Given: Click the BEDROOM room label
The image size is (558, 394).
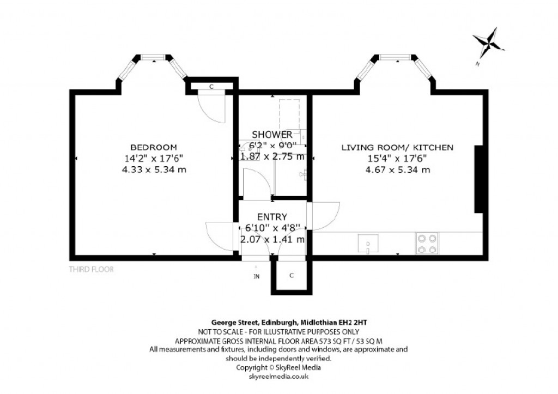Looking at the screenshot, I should coord(153,147).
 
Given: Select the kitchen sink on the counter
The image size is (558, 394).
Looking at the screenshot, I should coord(368,243).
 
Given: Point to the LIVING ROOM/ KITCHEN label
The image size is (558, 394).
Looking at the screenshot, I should coord(397,147).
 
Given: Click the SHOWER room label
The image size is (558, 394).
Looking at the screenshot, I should coord(272,134).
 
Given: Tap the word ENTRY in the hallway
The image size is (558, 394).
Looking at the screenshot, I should coord(272,217).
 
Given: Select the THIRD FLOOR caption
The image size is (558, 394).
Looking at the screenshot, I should coord(91,269).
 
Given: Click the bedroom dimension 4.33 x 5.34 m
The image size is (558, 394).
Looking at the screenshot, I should coord(154,169).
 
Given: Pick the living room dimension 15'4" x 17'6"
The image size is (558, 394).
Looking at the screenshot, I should coord(397,159).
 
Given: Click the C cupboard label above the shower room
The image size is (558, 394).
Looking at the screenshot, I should coord(211,86).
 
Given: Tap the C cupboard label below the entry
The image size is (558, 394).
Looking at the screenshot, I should coord(292,275).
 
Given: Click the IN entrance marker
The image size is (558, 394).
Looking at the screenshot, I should coord(257,276).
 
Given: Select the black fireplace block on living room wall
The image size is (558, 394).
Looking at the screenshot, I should coord(479,179).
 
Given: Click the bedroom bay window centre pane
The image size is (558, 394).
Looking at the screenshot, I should coord(153,57).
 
